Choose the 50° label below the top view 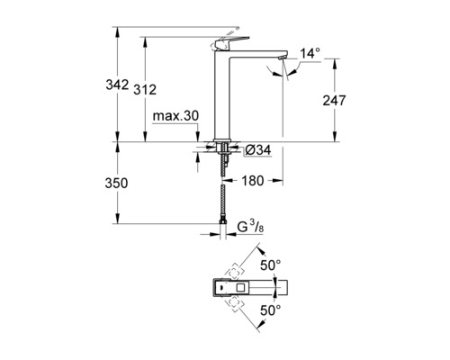[x=271, y=310]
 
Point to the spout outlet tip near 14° [x=287, y=59]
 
